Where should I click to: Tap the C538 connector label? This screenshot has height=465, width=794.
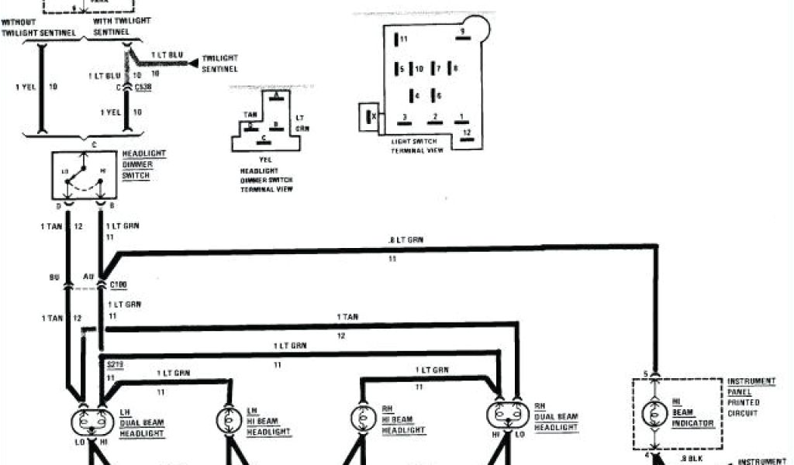(144, 88)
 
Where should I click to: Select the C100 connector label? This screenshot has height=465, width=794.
(119, 285)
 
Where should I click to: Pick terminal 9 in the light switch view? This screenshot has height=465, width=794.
(461, 33)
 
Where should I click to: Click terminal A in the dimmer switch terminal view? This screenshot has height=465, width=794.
(277, 95)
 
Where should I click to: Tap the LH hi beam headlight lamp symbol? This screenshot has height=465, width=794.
(230, 418)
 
